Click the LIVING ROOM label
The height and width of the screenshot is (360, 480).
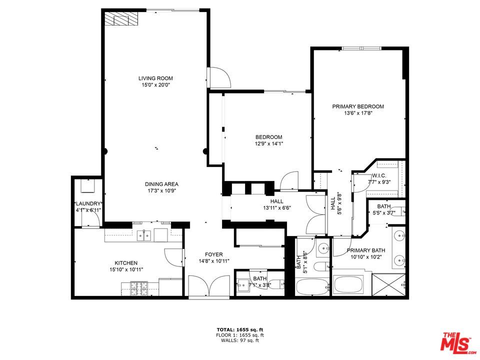[x=155, y=78]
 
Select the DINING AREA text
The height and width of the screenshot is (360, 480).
[x=161, y=184]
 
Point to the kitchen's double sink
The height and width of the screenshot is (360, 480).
[x=144, y=235]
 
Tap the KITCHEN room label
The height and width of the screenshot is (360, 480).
[x=126, y=263]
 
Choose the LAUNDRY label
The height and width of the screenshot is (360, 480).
[x=88, y=203]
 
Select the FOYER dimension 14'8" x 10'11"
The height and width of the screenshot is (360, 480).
[x=210, y=261]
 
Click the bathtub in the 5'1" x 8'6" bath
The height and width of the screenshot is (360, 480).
[x=312, y=287]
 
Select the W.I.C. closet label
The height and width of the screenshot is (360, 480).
[x=379, y=176]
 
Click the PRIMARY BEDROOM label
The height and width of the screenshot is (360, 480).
[x=358, y=106]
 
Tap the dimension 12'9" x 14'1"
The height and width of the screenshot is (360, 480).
[x=268, y=144]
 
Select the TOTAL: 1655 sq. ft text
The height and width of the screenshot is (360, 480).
[x=239, y=329]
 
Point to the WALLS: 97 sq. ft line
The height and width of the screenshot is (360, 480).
[x=239, y=340]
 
